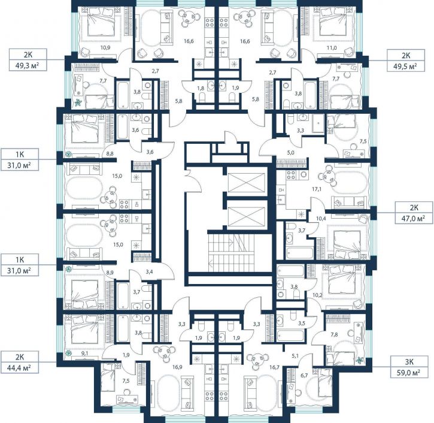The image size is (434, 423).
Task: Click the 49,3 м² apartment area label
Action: (28, 65)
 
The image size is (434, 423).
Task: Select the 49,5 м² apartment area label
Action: (406, 66)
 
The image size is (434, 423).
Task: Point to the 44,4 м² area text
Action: (20, 368)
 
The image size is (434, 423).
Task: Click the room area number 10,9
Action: (105, 47)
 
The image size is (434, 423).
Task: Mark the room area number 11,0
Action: (332, 48)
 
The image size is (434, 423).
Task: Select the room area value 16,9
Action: (177, 367)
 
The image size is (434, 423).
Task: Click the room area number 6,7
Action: (304, 376)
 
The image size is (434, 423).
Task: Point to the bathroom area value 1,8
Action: (201, 88)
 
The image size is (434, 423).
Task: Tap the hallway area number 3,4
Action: (149, 272)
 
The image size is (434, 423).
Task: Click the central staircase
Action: (231, 253)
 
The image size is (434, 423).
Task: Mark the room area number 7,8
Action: (334, 334)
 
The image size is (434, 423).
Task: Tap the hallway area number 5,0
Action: (290, 152)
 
